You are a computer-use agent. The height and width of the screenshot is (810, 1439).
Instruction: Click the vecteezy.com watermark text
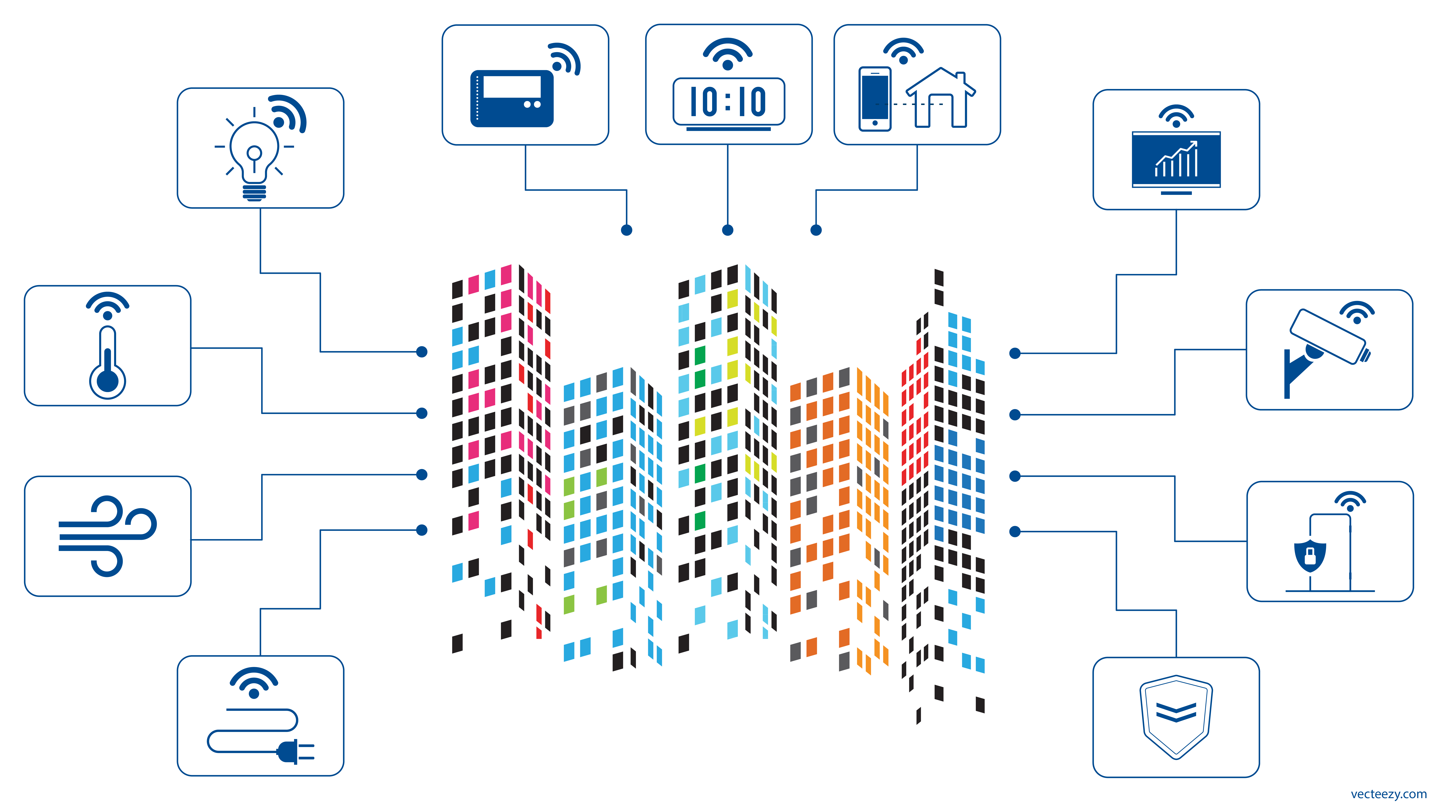1388,794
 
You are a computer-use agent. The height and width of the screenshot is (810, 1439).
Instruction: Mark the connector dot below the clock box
727,230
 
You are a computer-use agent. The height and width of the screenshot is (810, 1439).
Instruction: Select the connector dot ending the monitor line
1015,353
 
